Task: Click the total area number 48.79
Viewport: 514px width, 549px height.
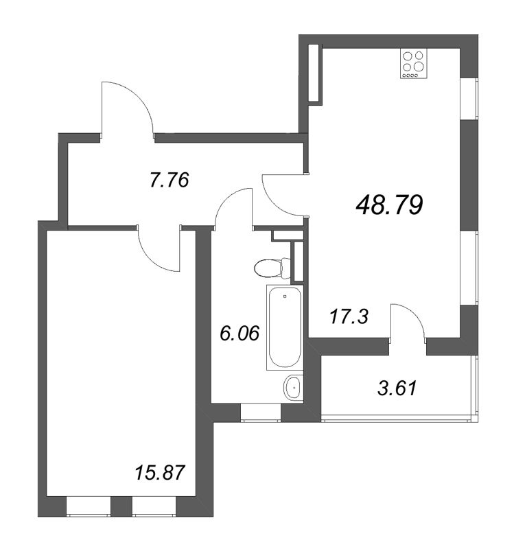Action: pyautogui.click(x=389, y=204)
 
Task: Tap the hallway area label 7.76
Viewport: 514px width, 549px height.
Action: pyautogui.click(x=169, y=180)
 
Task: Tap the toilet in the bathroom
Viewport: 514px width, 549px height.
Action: pyautogui.click(x=269, y=266)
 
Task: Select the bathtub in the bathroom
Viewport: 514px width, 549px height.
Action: pyautogui.click(x=284, y=329)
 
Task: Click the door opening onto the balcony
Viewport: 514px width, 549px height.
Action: pyautogui.click(x=407, y=322)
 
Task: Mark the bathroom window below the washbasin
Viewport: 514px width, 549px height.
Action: pyautogui.click(x=261, y=412)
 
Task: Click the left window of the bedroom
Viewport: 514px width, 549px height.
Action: pyautogui.click(x=89, y=507)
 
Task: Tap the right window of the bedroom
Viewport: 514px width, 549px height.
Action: pyautogui.click(x=154, y=507)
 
